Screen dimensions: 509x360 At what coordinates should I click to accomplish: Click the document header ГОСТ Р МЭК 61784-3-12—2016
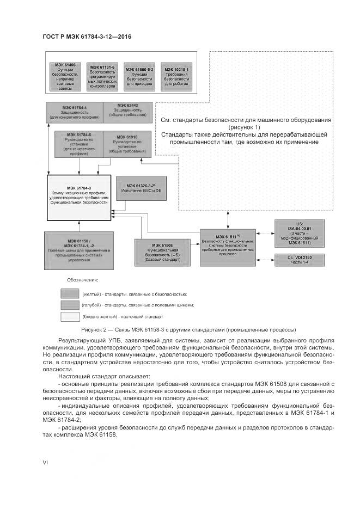pos(87,36)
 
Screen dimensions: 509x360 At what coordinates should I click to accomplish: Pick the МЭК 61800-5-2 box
pos(140,77)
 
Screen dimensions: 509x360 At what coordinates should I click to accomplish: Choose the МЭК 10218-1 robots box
pos(176,77)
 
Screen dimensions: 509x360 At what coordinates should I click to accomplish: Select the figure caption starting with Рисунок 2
pos(180,330)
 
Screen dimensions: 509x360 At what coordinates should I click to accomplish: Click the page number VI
pos(45,462)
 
